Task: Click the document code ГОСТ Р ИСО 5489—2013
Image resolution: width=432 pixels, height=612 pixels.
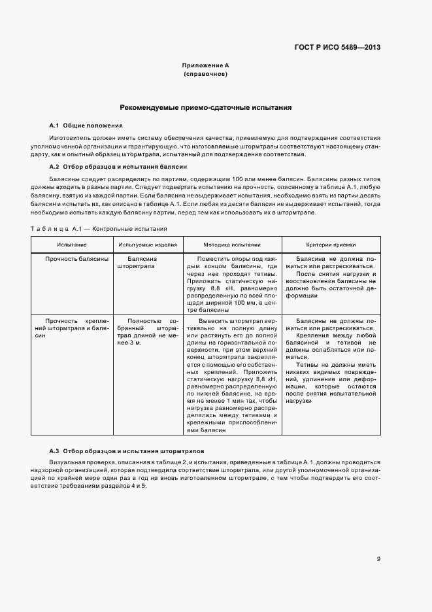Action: [339, 48]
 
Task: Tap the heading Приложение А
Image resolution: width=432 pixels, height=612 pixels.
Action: [205, 66]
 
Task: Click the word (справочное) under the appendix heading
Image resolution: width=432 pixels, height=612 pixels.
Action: [205, 75]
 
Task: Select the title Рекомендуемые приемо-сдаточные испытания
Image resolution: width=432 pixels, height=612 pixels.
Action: [205, 107]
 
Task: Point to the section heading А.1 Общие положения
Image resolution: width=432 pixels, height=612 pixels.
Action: [86, 125]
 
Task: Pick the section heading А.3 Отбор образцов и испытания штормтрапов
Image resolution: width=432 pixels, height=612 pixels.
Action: [127, 452]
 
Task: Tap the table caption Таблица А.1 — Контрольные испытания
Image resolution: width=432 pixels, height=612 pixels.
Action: [99, 229]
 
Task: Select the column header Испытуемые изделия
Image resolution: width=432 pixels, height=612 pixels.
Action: [148, 244]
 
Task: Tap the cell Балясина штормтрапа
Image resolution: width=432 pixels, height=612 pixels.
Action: [137, 263]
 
